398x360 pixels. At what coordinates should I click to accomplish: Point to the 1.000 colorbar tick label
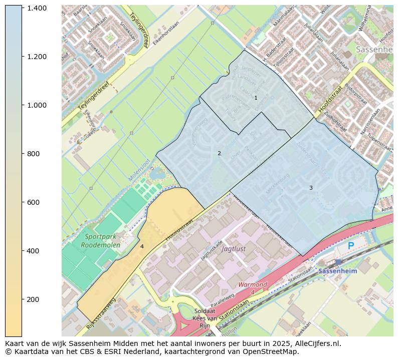tap(37, 105)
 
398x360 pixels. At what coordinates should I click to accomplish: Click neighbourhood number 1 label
tap(256, 98)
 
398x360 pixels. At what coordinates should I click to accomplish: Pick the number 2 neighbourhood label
tap(219, 153)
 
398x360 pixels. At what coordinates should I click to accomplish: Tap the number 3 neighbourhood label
tap(311, 188)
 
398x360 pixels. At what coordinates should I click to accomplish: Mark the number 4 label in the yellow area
tap(142, 246)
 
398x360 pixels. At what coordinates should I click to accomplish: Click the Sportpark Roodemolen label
tap(102, 241)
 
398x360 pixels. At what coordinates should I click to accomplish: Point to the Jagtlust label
tap(234, 248)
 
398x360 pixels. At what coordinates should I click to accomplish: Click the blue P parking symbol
tap(351, 246)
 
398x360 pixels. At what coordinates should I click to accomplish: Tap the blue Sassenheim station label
tap(338, 271)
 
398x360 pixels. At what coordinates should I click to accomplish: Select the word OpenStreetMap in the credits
tap(276, 351)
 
